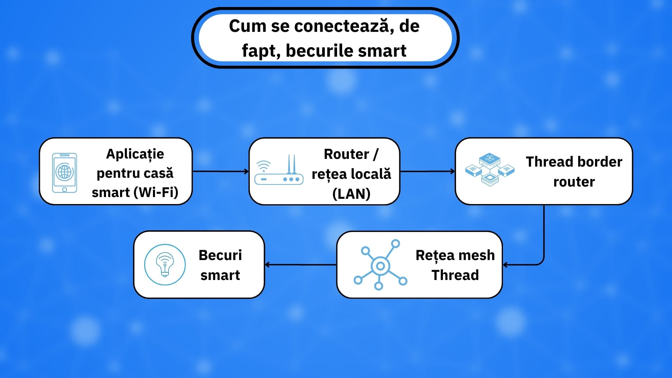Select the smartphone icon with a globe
(64, 173)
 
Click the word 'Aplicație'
(135, 154)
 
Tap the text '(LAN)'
(351, 194)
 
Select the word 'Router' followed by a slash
(346, 154)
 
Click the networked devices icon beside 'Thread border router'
(490, 170)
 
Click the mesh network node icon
(380, 265)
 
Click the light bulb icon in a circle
(165, 265)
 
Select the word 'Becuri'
(220, 255)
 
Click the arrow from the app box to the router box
(220, 171)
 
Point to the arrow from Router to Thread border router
(427, 171)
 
